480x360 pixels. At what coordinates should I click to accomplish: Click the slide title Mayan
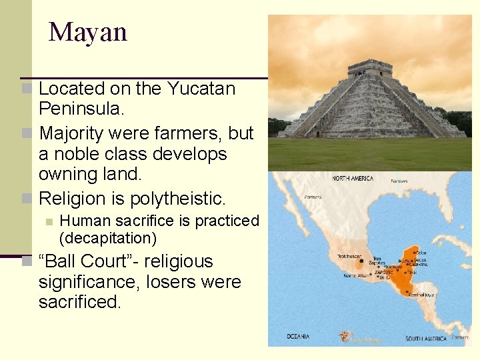pyautogui.click(x=88, y=32)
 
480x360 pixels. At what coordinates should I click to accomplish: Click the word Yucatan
pyautogui.click(x=201, y=89)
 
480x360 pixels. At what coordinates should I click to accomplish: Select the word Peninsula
pyautogui.click(x=79, y=108)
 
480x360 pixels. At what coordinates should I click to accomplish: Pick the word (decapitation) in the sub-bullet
pyautogui.click(x=108, y=238)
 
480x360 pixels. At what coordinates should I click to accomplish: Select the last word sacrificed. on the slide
pyautogui.click(x=80, y=302)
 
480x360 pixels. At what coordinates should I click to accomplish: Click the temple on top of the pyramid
pyautogui.click(x=369, y=67)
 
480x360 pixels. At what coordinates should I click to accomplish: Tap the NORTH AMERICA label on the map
pyautogui.click(x=353, y=179)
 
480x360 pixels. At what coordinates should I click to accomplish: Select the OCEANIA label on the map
pyautogui.click(x=298, y=335)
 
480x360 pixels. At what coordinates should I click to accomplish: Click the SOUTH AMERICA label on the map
pyautogui.click(x=427, y=339)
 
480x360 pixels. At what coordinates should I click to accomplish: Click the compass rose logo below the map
pyautogui.click(x=345, y=337)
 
